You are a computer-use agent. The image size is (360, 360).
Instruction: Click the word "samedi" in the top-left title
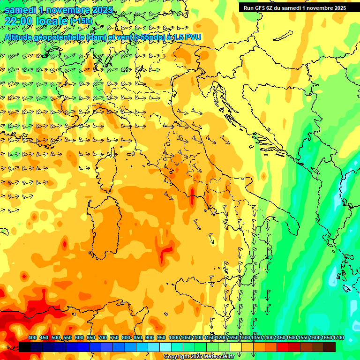pyautogui.click(x=20, y=9)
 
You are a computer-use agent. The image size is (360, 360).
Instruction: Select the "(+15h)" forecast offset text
pyautogui.click(x=81, y=21)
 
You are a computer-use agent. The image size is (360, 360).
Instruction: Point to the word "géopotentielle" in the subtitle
pyautogui.click(x=60, y=37)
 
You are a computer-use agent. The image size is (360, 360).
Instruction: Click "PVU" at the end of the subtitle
pyautogui.click(x=194, y=37)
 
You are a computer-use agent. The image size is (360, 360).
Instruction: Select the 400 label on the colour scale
pyautogui.click(x=32, y=338)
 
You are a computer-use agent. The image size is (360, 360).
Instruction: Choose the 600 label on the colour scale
pyautogui.click(x=79, y=338)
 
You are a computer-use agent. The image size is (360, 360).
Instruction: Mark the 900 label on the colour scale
pyautogui.click(x=150, y=338)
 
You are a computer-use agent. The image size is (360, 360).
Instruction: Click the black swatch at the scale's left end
pyautogui.click(x=25, y=347)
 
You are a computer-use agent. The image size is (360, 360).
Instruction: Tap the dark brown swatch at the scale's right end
pyautogui.click(x=330, y=347)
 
